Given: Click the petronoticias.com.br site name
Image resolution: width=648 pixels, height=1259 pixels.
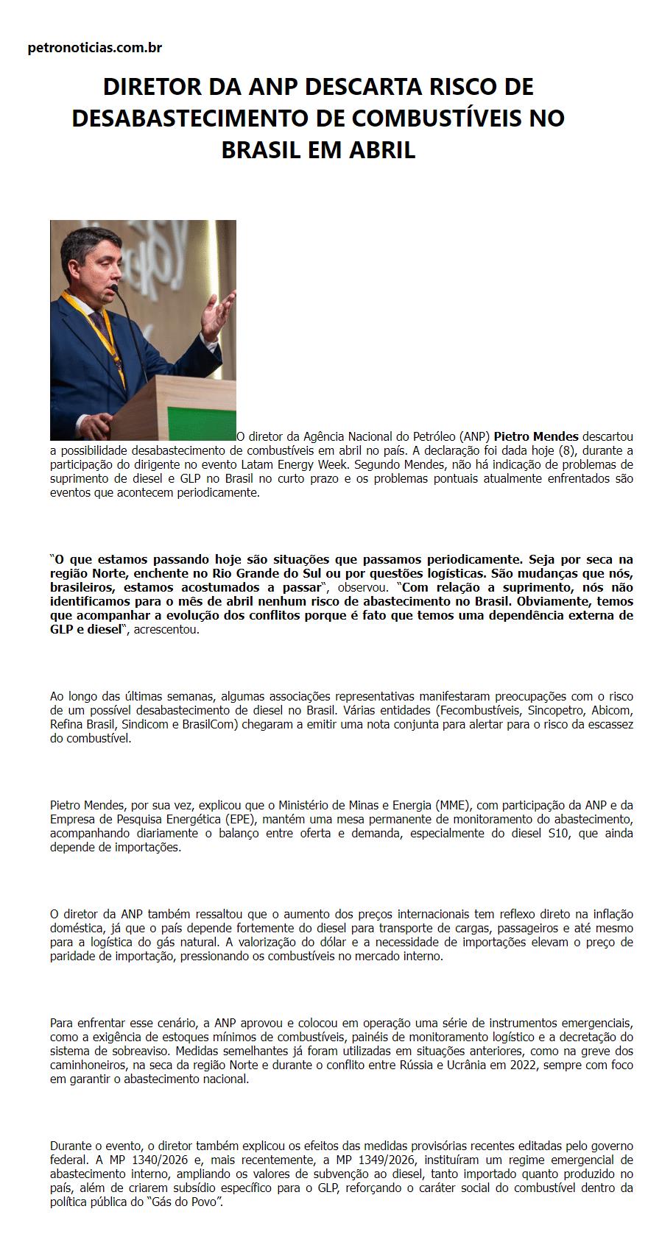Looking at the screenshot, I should [94, 48].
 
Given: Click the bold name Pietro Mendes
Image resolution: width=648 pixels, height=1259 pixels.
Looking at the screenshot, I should [536, 436].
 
